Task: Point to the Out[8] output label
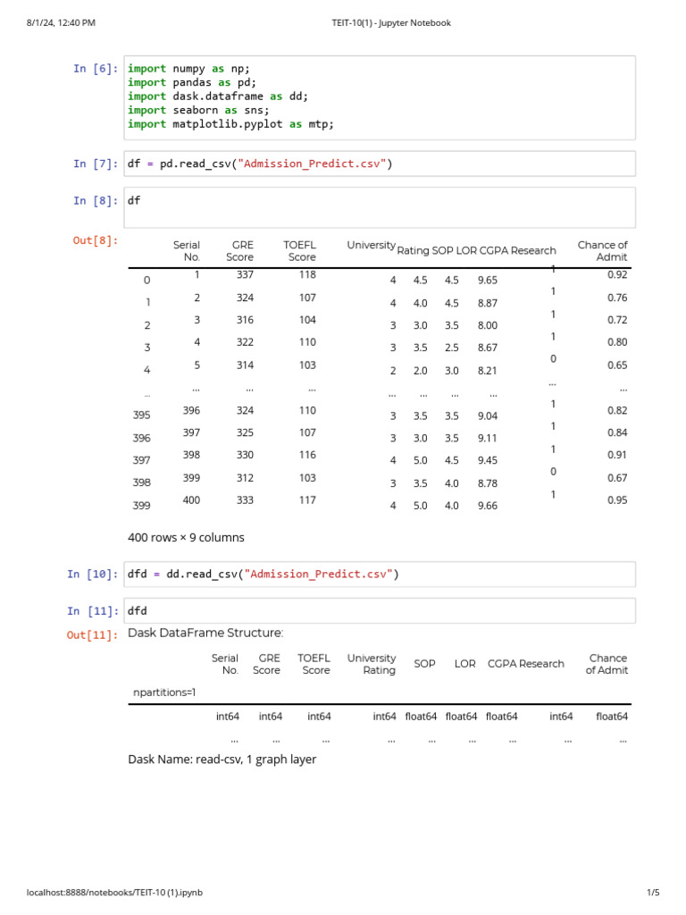[x=95, y=239]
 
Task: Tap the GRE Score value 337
[x=245, y=274]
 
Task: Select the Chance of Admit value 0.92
[x=617, y=274]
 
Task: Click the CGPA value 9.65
[x=488, y=280]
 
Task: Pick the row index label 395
[x=141, y=416]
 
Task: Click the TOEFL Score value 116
[x=307, y=456]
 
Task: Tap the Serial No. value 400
[x=191, y=500]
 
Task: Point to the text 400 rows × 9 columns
[x=186, y=537]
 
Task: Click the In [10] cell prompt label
[x=91, y=574]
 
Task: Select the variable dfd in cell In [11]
[x=137, y=610]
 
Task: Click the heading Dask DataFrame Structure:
[x=205, y=633]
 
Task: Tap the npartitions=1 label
[x=164, y=692]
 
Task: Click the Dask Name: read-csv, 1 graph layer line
[x=222, y=759]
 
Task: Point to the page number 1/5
[x=652, y=892]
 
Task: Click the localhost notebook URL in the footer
[x=115, y=892]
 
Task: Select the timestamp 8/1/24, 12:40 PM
[x=61, y=22]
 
